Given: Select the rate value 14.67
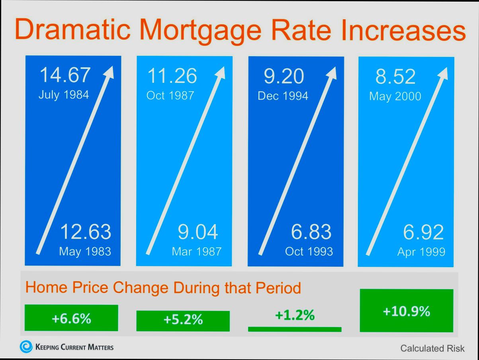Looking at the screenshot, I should [x=65, y=75].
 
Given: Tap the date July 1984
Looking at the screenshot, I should [x=64, y=95].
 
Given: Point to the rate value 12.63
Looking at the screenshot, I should [x=86, y=232].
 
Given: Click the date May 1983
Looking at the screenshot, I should [x=85, y=252].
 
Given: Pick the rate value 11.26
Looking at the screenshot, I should [x=172, y=76].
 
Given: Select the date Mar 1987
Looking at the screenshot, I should [x=196, y=252].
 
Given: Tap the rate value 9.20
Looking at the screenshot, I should [x=284, y=76].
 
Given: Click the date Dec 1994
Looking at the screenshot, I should [x=283, y=96].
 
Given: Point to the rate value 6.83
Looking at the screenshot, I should [x=311, y=232].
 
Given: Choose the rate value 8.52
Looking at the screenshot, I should [x=395, y=76].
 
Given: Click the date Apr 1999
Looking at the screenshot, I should [x=421, y=252].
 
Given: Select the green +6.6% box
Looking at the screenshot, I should [x=71, y=318].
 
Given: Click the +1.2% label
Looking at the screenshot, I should [x=295, y=315].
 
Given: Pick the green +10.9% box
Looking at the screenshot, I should [x=407, y=311].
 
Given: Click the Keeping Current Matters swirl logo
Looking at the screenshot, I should [x=26, y=347].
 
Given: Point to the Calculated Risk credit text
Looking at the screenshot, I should [x=432, y=348].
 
